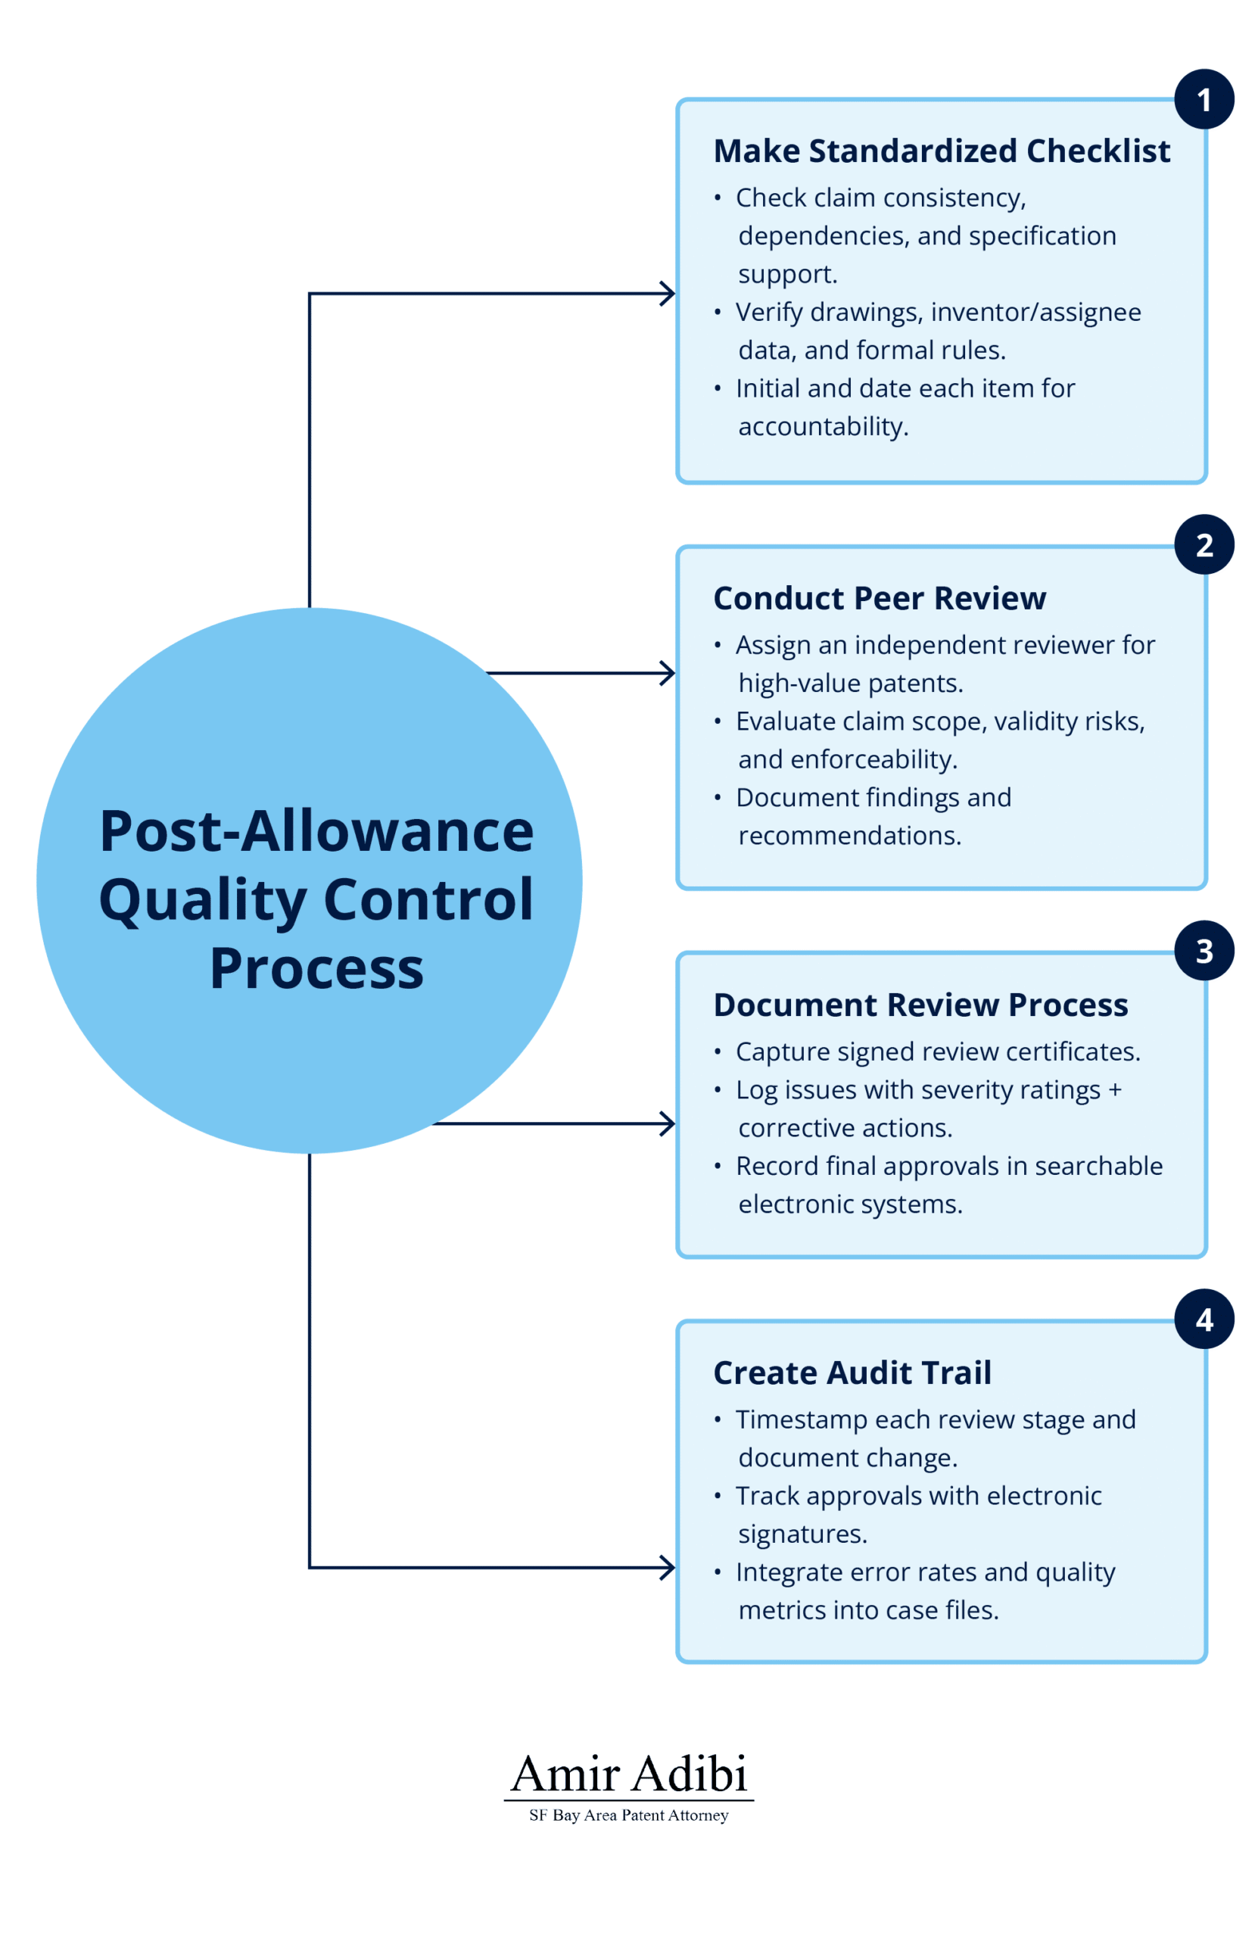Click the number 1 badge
1204,99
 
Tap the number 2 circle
1204,544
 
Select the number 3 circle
1204,950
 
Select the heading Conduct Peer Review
879,599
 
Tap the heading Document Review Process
920,1005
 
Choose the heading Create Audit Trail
852,1373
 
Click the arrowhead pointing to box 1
668,294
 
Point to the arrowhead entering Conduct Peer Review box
668,674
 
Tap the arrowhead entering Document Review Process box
668,1123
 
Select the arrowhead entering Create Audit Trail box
668,1568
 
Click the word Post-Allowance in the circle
316,831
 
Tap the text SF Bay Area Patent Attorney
628,1815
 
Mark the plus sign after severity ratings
1114,1089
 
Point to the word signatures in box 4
802,1534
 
